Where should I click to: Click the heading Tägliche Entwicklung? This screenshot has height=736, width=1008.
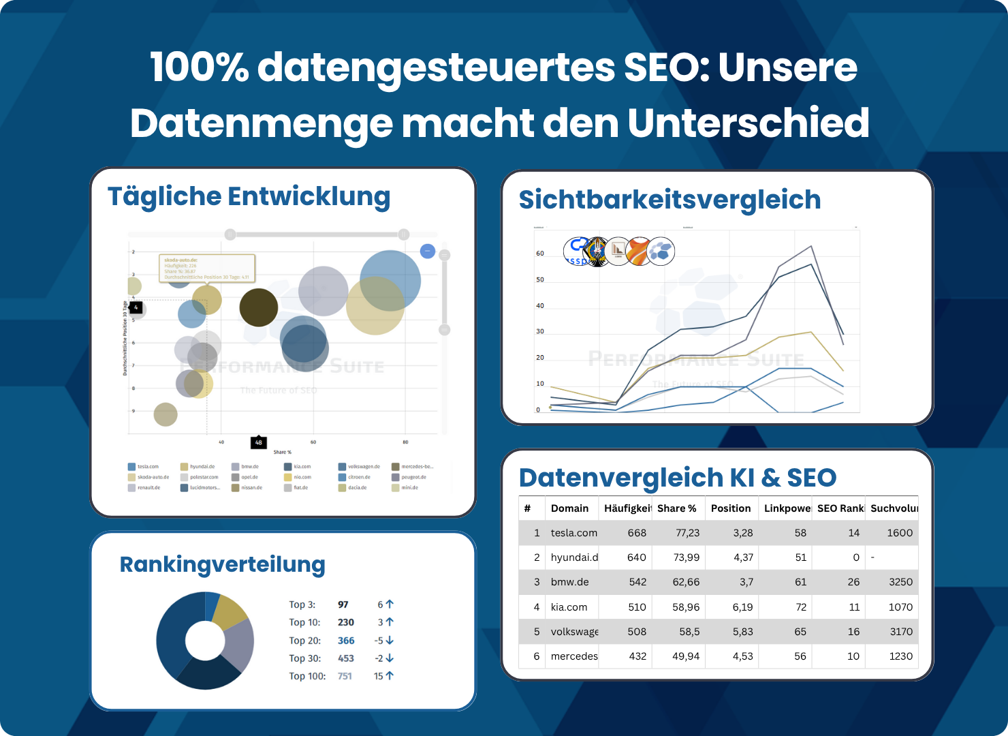(249, 196)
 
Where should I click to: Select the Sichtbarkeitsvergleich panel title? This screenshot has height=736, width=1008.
(670, 200)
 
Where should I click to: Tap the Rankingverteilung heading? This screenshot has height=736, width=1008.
(222, 564)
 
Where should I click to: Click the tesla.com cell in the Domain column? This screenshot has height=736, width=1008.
(573, 533)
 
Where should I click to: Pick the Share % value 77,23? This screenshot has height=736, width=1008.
(687, 533)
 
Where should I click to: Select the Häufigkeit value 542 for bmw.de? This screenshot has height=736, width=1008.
(637, 582)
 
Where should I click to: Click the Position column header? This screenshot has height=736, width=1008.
(730, 508)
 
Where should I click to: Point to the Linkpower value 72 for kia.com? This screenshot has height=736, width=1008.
(800, 607)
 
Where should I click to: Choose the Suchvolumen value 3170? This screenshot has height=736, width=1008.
(900, 632)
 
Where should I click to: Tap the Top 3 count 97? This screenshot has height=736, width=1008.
(343, 604)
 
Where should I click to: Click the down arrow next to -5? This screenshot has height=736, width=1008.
(390, 641)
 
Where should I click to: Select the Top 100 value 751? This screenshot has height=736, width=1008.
(345, 676)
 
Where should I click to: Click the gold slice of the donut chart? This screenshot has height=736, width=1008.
(229, 612)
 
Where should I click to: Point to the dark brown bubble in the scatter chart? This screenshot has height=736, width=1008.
(259, 307)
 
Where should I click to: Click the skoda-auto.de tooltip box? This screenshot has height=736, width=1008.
(207, 269)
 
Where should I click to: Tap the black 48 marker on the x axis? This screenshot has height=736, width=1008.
(258, 442)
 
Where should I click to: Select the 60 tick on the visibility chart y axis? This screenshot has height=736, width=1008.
(540, 254)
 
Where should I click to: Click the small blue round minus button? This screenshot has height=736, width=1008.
(428, 251)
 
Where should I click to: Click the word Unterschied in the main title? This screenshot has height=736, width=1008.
(748, 123)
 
